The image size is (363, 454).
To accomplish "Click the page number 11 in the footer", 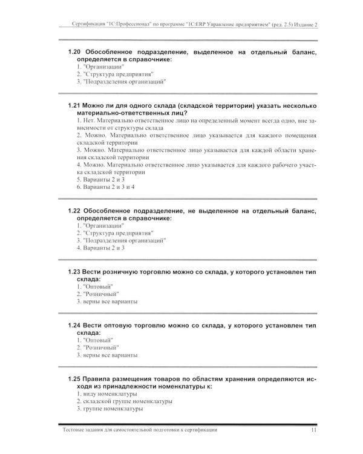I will coord(313,430).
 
